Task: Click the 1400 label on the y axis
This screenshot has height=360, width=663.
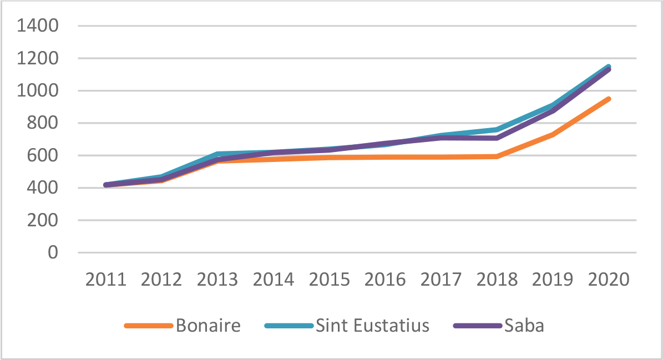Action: [x=38, y=26]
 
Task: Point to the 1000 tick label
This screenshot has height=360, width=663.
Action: [x=38, y=91]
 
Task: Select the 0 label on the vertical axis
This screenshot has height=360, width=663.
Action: [x=53, y=253]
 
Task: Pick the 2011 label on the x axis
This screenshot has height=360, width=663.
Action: [x=105, y=279]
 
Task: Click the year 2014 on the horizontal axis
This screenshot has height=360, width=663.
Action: [x=273, y=279]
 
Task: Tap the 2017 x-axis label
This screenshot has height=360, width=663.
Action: [x=441, y=279]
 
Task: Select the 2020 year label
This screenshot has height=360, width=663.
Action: [x=609, y=279]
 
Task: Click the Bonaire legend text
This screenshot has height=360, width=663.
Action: [x=208, y=326]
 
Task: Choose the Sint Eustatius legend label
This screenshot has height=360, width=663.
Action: [x=372, y=326]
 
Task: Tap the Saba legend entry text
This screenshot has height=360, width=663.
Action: [x=524, y=326]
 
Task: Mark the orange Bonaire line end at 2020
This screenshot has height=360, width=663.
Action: [x=609, y=99]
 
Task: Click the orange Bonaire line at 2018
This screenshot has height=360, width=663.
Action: [x=497, y=156]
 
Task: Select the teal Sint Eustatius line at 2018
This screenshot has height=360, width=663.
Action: [x=497, y=130]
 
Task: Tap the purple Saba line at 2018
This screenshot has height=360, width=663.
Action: [x=497, y=138]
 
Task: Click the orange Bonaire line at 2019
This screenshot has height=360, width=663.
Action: [x=553, y=134]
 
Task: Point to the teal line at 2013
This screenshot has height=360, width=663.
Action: [x=217, y=154]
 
